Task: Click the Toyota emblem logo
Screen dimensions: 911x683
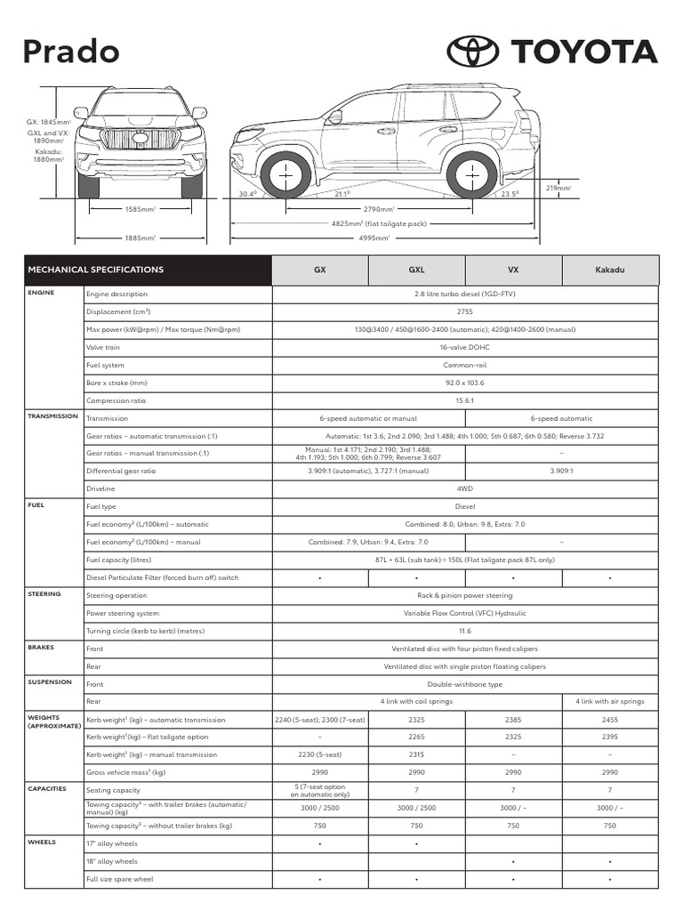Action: (473, 52)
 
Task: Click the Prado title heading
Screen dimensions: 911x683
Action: (71, 52)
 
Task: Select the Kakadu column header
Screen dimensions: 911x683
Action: (610, 270)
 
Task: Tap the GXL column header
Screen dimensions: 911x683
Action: (416, 270)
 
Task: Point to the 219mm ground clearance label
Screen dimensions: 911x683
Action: (558, 188)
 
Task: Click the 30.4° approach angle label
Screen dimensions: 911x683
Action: (247, 193)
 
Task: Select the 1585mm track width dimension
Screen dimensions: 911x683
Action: (140, 209)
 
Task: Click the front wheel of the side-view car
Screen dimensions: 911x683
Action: (285, 173)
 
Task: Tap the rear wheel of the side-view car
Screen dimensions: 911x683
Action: (472, 173)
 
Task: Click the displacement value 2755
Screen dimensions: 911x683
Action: (464, 312)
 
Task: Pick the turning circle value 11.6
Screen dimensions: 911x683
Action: (464, 631)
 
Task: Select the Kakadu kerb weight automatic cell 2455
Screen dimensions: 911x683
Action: (610, 720)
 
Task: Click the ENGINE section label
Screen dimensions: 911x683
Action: (41, 293)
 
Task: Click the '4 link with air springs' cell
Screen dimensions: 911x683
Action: (610, 702)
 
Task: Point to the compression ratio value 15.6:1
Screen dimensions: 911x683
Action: (464, 400)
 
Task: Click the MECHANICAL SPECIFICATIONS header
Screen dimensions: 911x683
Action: (96, 270)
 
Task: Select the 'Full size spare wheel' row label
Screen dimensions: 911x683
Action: (119, 879)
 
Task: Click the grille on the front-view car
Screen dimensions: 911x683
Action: (141, 139)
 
